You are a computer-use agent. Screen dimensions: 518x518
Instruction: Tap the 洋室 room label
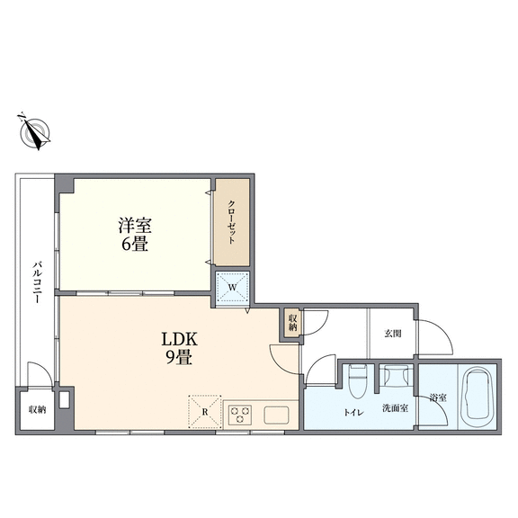[x=135, y=226]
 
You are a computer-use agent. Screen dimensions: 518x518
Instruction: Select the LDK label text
[x=179, y=339]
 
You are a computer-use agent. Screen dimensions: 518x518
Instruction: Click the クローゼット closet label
[x=232, y=222]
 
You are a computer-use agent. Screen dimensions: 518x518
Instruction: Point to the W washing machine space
[x=233, y=287]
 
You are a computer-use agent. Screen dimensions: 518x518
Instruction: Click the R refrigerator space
[x=205, y=412]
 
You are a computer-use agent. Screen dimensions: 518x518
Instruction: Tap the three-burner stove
[x=240, y=415]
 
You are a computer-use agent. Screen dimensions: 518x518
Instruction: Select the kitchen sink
[x=276, y=415]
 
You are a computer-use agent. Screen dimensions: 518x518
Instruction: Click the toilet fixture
[x=358, y=381]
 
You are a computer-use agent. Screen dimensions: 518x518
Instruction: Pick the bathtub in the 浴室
[x=478, y=397]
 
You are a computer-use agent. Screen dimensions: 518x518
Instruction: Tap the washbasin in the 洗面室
[x=396, y=376]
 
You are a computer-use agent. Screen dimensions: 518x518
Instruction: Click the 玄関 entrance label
[x=393, y=334]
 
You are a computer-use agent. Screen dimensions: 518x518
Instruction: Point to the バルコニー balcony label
[x=38, y=282]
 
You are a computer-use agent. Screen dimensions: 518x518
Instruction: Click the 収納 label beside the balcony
[x=38, y=410]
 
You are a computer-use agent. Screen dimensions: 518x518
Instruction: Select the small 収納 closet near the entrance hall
[x=292, y=323]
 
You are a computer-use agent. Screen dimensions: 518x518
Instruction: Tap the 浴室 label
[x=438, y=397]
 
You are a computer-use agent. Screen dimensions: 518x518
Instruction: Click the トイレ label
[x=353, y=412]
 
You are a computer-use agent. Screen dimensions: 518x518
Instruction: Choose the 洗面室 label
[x=396, y=408]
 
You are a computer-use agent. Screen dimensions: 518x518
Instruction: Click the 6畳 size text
[x=135, y=244]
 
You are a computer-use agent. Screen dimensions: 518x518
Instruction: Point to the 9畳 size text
[x=179, y=357]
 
